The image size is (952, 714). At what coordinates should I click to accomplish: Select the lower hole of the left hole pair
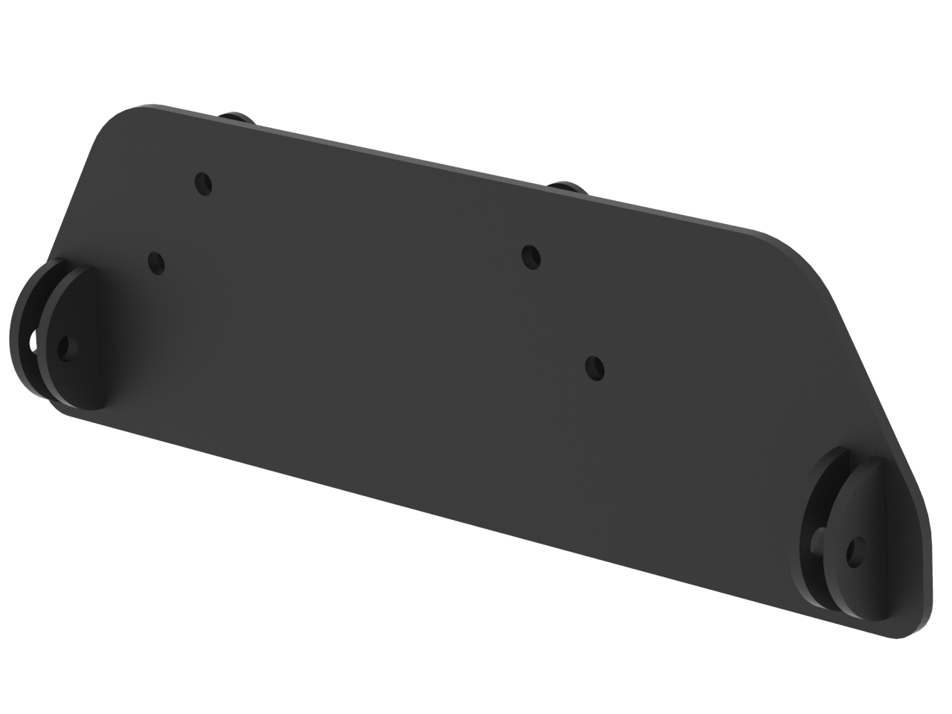pos(156,263)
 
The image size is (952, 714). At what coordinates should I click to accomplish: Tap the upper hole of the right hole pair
pos(531,257)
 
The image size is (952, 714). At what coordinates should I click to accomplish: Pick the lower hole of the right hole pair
pos(595,367)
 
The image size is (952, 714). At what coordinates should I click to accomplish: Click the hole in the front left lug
pos(65,348)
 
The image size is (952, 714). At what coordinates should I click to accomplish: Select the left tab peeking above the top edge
pos(237,117)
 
